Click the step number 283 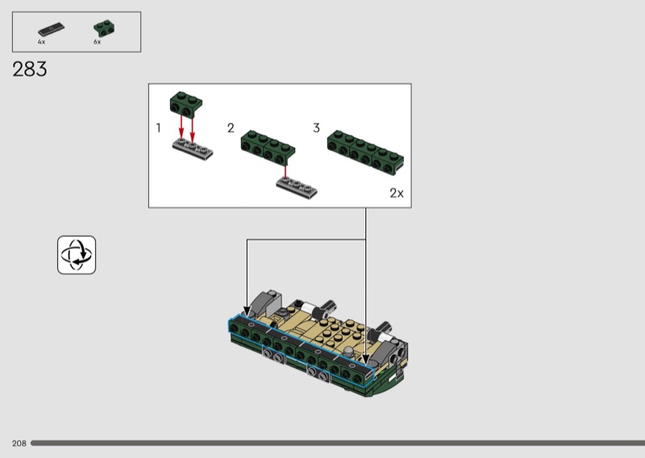pos(30,69)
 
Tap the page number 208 pos(19,443)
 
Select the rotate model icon pos(77,255)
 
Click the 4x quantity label pos(42,42)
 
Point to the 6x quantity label pos(97,42)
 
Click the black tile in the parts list pos(51,30)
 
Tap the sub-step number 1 pos(158,128)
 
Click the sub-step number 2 pos(231,128)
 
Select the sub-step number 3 pos(316,128)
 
